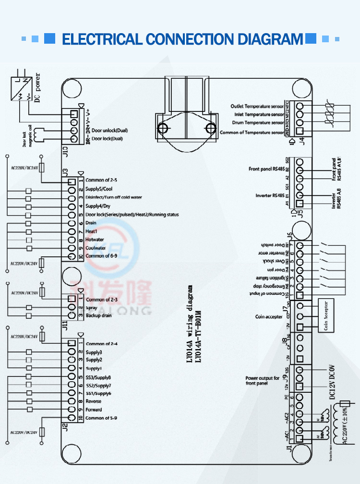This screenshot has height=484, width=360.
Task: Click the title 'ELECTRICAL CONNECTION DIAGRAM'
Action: click(182, 39)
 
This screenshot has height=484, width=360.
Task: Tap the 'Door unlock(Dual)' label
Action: click(110, 131)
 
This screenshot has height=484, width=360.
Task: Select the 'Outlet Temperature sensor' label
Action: click(258, 106)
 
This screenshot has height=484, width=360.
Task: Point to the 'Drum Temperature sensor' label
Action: click(258, 123)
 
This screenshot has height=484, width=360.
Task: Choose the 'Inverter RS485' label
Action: click(271, 195)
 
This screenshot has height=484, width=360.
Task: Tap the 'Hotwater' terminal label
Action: click(95, 240)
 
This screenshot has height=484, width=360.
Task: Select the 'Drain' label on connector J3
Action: click(91, 223)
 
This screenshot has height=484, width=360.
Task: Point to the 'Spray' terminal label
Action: click(92, 308)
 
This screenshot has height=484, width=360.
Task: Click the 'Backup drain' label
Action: click(99, 315)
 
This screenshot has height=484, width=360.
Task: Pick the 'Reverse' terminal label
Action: click(94, 401)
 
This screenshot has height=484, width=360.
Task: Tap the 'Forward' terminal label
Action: click(94, 410)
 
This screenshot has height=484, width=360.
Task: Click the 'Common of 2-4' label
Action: click(102, 344)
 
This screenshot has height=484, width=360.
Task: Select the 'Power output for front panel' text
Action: click(263, 381)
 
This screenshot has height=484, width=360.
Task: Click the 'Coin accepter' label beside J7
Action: click(269, 317)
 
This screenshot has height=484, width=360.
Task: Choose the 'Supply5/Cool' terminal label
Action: click(99, 189)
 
